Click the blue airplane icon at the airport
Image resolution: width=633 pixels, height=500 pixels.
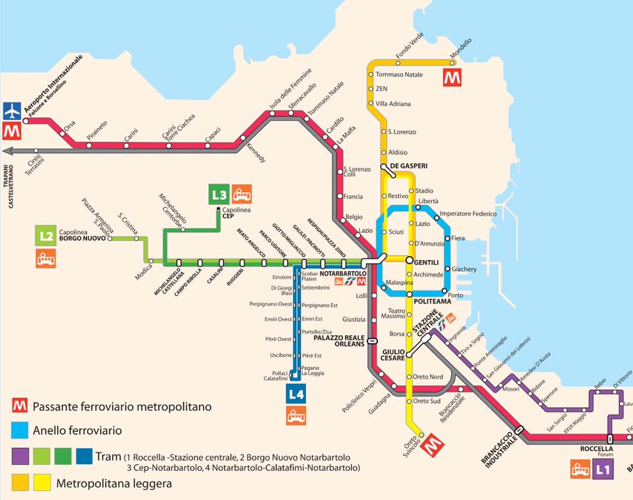click(12, 111)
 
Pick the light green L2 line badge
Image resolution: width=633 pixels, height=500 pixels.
click(45, 235)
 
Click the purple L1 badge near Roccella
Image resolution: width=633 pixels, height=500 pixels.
click(602, 470)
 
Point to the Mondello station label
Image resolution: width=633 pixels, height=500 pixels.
click(461, 48)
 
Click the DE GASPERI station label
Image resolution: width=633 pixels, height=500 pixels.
click(409, 166)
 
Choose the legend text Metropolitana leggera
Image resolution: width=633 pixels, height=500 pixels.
click(114, 484)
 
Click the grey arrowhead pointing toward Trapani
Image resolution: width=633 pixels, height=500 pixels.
click(7, 150)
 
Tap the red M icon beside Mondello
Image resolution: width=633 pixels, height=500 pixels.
click(451, 76)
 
